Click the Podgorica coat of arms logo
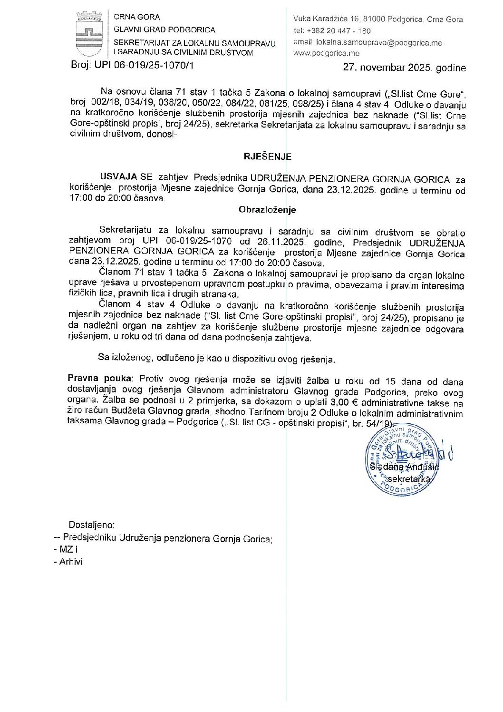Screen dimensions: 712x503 [89, 34]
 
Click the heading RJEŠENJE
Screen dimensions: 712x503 [268, 156]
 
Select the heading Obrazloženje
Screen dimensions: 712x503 [267, 210]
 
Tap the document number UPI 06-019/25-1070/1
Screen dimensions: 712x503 [144, 65]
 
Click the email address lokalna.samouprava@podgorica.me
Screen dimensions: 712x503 [379, 42]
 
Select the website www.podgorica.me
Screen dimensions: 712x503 [326, 53]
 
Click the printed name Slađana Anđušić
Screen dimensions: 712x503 [404, 467]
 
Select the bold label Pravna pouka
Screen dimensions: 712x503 [99, 379]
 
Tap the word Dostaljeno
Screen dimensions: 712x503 [91, 525]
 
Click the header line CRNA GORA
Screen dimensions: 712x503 [137, 17]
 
